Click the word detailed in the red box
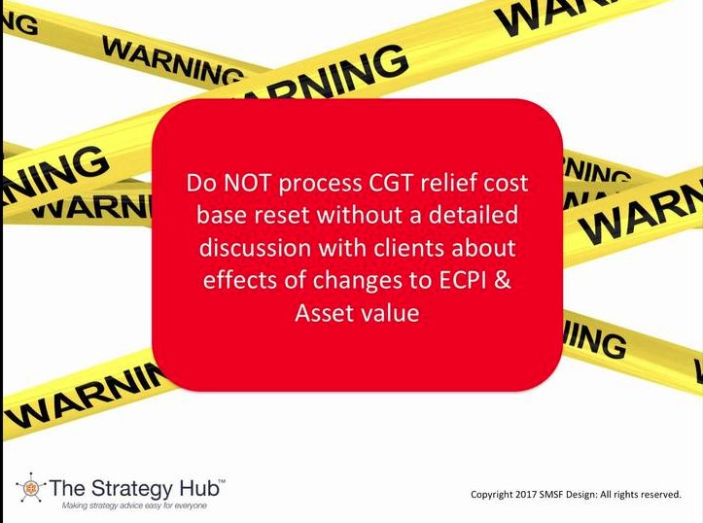[474, 215]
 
